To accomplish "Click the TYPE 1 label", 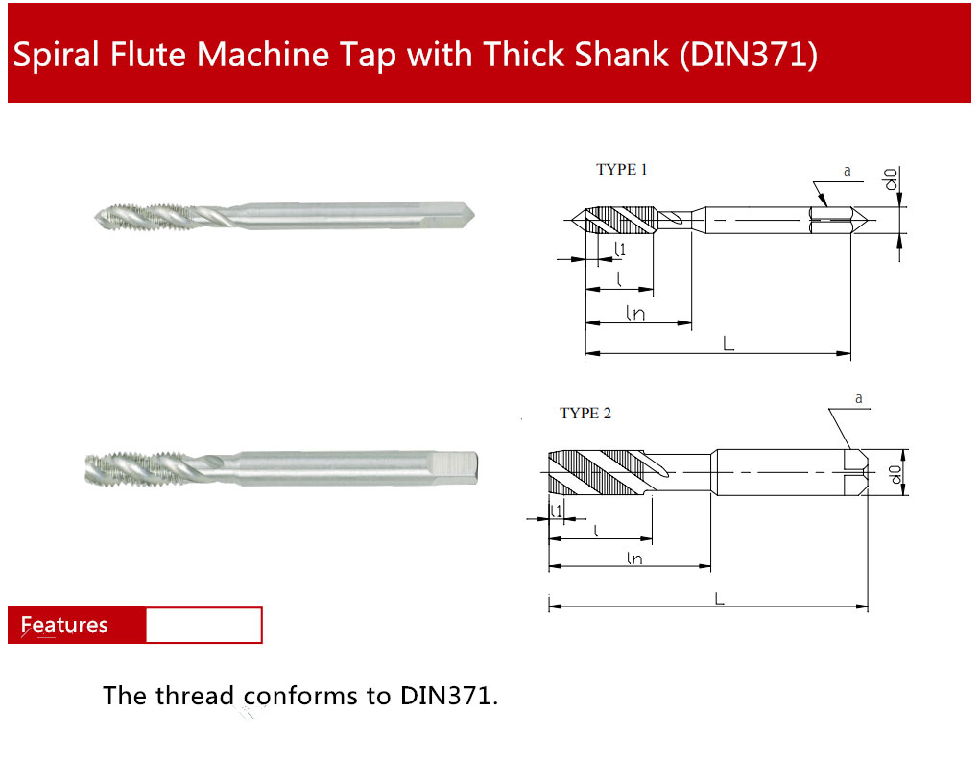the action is (x=621, y=169).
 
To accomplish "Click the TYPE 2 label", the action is (x=585, y=413).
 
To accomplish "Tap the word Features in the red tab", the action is (x=64, y=625).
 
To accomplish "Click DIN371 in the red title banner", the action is (x=749, y=55).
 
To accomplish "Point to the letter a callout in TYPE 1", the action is (x=848, y=171).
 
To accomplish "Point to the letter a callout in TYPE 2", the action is (x=859, y=398).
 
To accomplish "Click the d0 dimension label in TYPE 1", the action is (x=892, y=179).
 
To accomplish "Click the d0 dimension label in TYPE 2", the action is (x=895, y=474).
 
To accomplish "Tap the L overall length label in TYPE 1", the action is (x=728, y=344).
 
